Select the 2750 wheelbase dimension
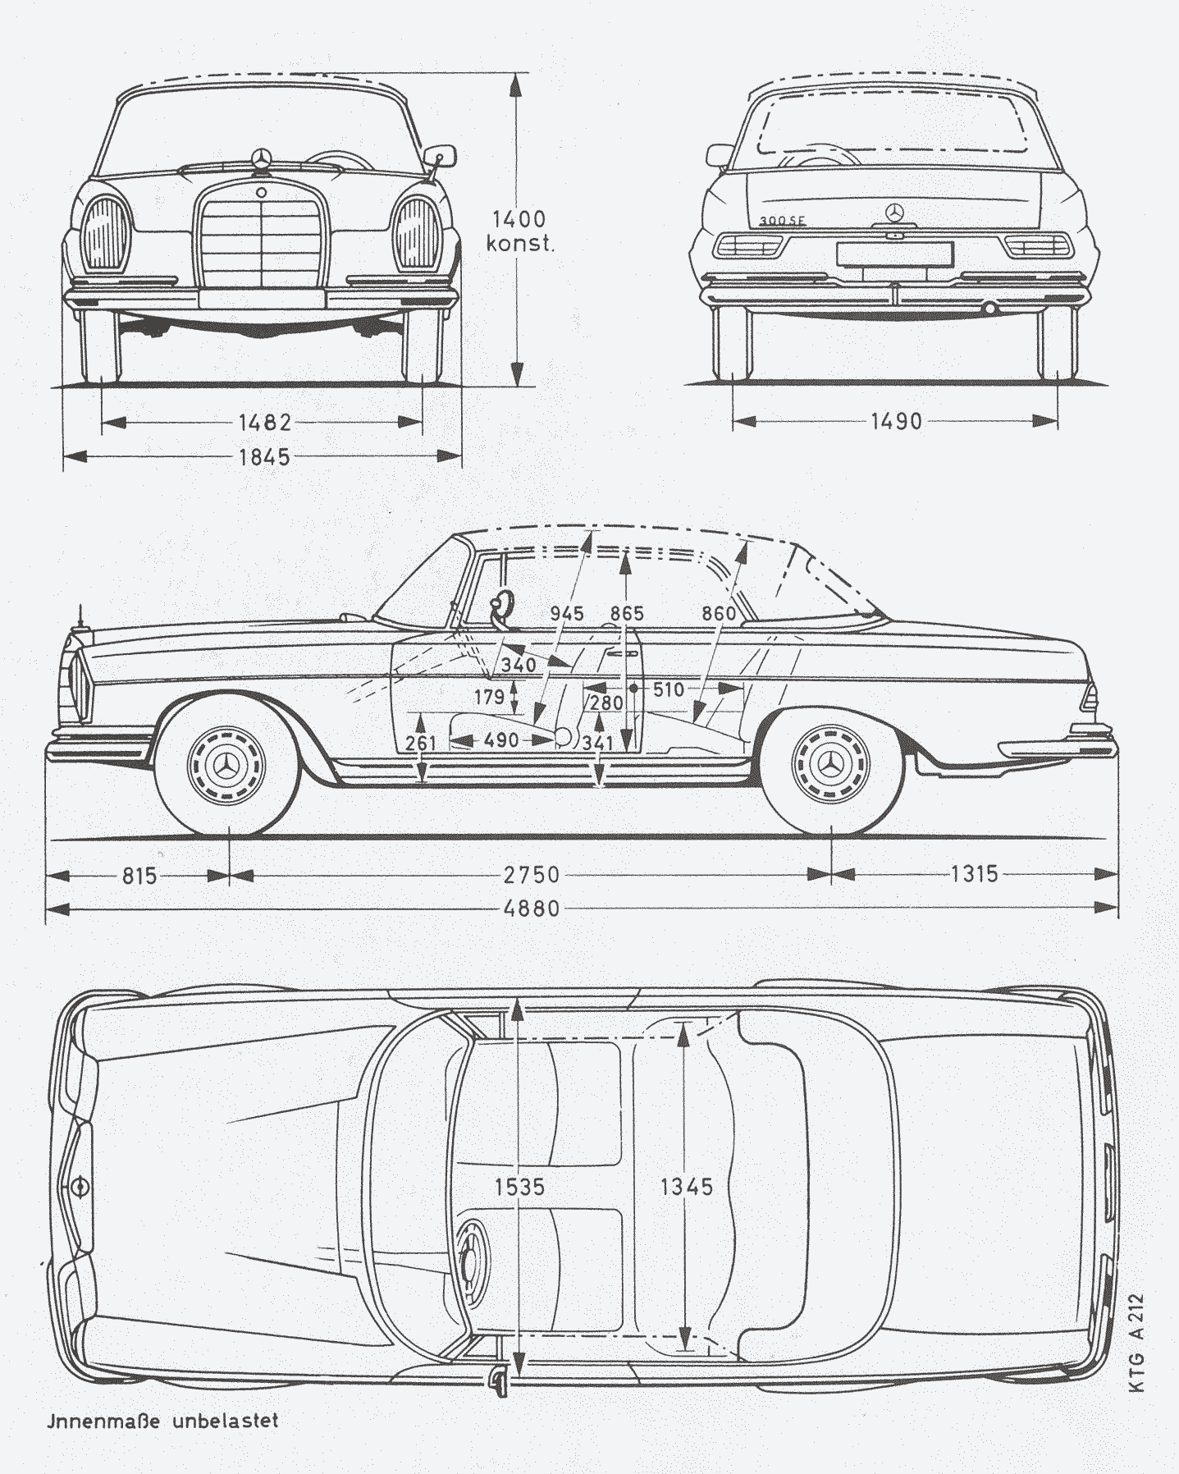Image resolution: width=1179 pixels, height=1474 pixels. [x=532, y=874]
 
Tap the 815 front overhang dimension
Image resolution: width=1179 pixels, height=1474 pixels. [x=139, y=875]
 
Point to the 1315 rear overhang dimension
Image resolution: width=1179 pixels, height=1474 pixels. [x=975, y=873]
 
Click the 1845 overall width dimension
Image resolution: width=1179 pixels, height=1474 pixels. [x=264, y=457]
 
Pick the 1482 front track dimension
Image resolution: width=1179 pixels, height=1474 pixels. [x=264, y=423]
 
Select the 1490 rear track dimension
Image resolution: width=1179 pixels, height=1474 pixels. [x=896, y=421]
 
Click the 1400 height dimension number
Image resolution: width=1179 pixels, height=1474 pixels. [x=519, y=219]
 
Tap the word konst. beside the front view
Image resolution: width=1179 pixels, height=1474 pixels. [x=520, y=244]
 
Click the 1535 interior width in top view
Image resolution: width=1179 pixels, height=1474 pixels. [x=519, y=1186]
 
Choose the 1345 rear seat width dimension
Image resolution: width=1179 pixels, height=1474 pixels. [x=686, y=1186]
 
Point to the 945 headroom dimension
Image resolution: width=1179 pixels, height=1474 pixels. [x=567, y=614]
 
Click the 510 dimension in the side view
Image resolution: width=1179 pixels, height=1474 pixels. [x=668, y=689]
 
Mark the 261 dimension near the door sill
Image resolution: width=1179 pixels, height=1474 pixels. [x=421, y=743]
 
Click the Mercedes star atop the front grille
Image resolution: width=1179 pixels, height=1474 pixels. [x=261, y=158]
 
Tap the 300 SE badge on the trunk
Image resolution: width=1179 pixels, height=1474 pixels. [x=781, y=221]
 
